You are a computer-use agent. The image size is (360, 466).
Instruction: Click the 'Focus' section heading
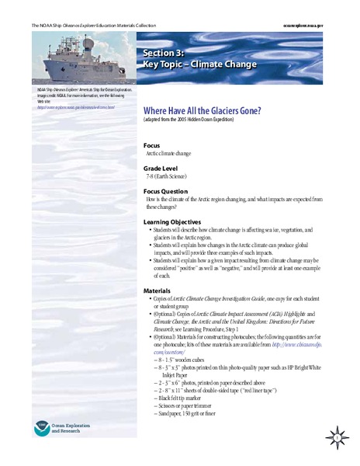pyautogui.click(x=152, y=146)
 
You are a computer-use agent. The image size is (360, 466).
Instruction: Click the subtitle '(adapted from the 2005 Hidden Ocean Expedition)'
pyautogui.click(x=197, y=121)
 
